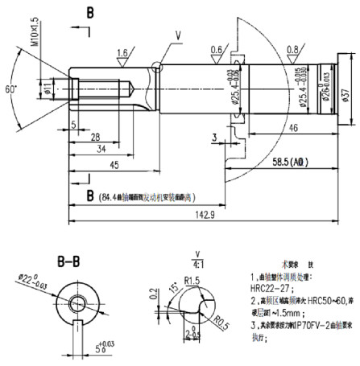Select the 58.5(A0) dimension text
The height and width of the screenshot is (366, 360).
click(x=287, y=162)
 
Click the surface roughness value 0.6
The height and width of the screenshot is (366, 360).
click(x=216, y=49)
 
